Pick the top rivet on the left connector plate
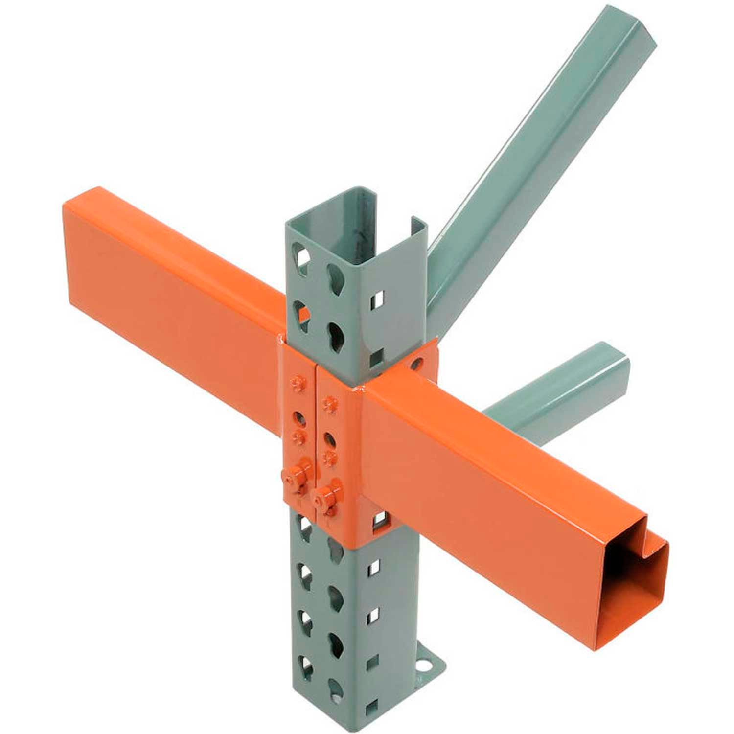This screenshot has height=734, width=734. click(296, 384)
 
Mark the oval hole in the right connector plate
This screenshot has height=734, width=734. click(329, 437)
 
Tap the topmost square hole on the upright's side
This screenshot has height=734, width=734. click(378, 297)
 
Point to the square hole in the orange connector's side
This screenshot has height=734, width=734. click(379, 522)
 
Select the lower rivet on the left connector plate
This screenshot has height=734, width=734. click(297, 437)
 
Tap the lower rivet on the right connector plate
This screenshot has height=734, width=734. click(330, 458)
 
